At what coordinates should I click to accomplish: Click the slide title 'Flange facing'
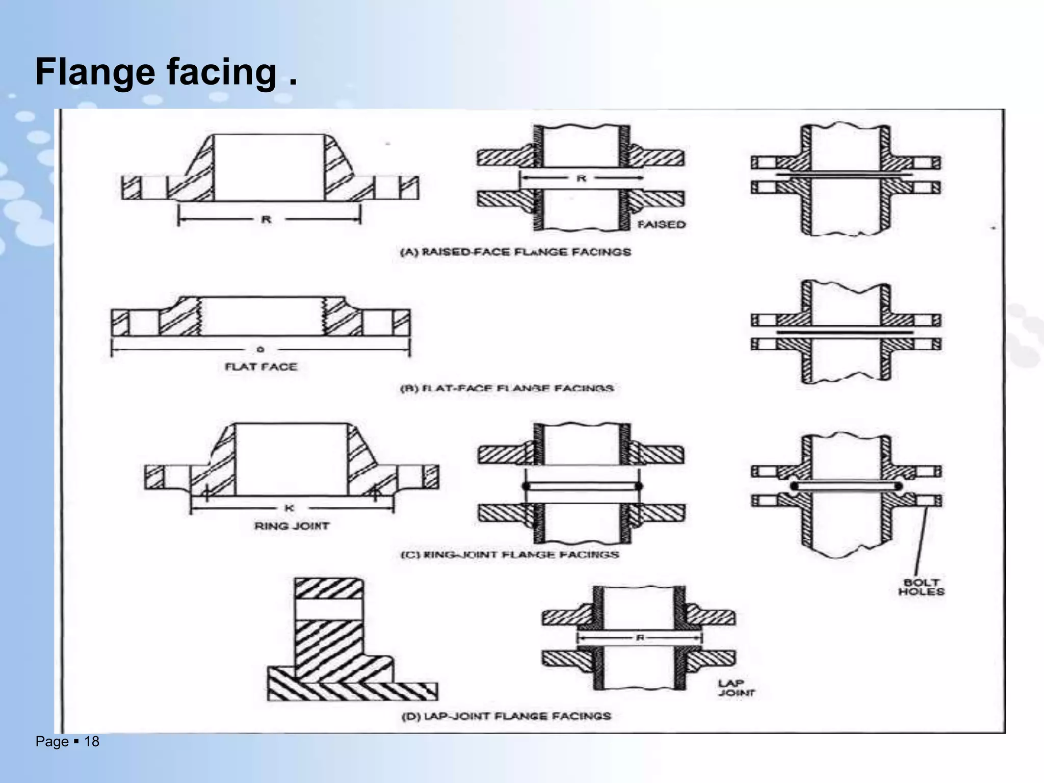tap(166, 72)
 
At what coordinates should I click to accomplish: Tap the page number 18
tap(92, 742)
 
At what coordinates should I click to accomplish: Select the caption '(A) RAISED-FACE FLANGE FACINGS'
tap(515, 252)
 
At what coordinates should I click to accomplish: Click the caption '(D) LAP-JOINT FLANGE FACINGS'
tap(506, 716)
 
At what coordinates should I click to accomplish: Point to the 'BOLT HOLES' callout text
tap(921, 587)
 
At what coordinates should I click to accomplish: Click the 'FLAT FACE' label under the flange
tap(261, 367)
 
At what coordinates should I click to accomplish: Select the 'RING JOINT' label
tap(292, 526)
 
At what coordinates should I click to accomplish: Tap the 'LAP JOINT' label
tap(736, 688)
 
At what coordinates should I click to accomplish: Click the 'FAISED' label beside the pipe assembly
tap(661, 224)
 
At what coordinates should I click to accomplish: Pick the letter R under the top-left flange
tap(266, 220)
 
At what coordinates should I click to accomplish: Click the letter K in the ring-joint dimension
tap(289, 508)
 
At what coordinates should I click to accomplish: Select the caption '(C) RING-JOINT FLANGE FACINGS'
tap(510, 554)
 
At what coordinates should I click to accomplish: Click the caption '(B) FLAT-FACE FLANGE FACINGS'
tap(507, 388)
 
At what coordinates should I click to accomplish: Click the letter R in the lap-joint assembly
tap(640, 638)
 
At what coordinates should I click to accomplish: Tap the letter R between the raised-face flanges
tap(581, 178)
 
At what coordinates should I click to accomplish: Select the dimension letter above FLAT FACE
tap(260, 349)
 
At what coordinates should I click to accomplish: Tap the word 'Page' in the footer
tap(52, 742)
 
